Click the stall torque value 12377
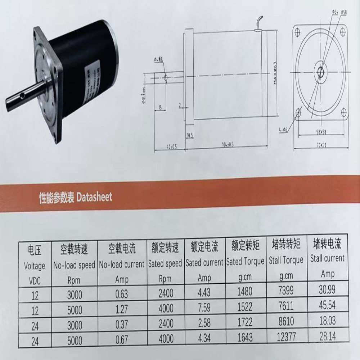click(x=286, y=337)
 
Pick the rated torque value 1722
click(x=245, y=322)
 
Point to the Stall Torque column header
click(x=286, y=260)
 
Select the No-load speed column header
click(x=74, y=266)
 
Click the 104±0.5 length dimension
click(x=226, y=145)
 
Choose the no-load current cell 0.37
click(x=121, y=323)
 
